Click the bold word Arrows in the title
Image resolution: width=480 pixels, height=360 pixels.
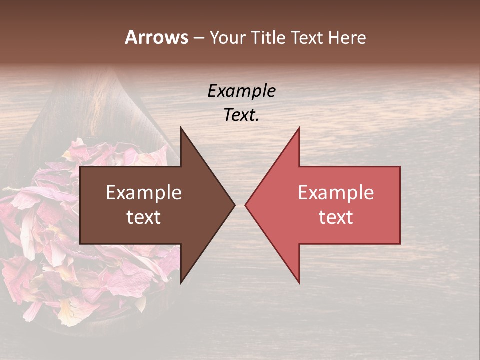tap(157, 37)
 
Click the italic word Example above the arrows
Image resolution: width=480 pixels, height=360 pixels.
tap(241, 91)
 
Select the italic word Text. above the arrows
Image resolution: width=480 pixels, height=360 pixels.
tap(241, 115)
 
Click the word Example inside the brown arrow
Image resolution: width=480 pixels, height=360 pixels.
tap(144, 193)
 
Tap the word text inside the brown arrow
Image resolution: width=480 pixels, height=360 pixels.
tap(144, 217)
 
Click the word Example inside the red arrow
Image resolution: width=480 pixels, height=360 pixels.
tap(336, 193)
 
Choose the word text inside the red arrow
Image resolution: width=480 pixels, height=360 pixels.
tap(336, 217)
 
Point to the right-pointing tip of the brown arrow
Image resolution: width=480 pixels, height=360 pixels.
tap(234, 205)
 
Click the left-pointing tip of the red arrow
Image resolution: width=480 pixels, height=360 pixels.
tap(246, 205)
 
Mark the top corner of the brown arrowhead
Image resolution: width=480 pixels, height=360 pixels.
tap(181, 128)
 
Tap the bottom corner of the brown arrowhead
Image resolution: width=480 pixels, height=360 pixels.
tap(181, 282)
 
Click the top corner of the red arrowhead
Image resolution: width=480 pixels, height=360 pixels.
tap(299, 128)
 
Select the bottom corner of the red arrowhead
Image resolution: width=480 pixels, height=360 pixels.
tap(299, 282)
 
